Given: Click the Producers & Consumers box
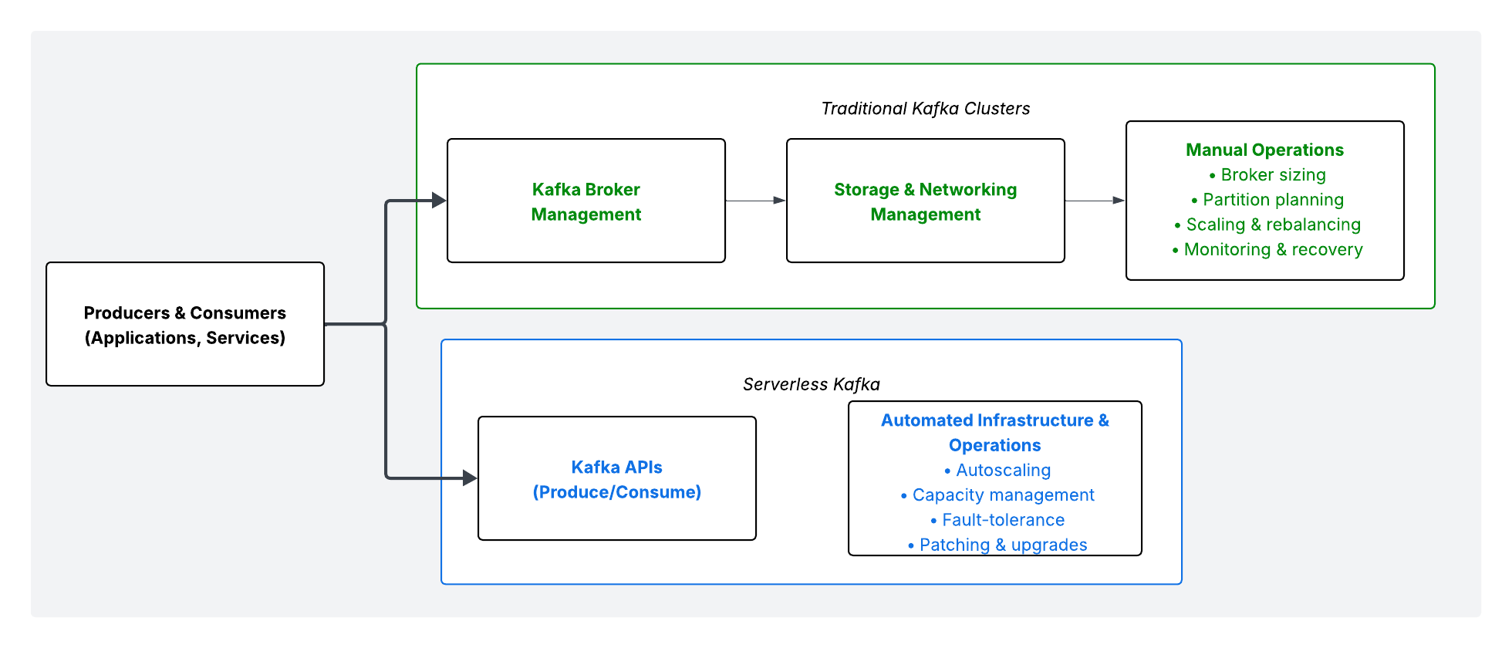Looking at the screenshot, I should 185,324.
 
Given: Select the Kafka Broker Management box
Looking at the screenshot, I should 586,201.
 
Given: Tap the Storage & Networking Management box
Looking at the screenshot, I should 925,201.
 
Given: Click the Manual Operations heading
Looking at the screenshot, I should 1264,150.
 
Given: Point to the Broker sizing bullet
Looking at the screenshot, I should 1267,175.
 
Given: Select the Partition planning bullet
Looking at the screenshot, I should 1267,200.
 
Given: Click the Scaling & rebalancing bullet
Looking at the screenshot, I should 1267,224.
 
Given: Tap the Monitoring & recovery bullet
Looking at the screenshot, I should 1267,249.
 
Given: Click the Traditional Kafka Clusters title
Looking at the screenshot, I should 925,109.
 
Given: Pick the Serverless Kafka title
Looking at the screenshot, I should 811,384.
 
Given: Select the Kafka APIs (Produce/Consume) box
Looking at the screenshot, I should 617,479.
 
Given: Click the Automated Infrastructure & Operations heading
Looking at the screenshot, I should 994,433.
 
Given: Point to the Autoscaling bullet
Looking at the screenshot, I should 997,470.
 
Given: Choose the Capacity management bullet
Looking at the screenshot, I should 997,495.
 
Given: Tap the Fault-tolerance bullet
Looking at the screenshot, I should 997,520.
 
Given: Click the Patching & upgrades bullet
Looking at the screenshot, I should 997,545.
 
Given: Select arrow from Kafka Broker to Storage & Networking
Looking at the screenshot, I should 755,201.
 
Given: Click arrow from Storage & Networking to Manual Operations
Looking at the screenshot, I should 1095,201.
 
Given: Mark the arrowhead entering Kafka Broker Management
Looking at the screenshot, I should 439,201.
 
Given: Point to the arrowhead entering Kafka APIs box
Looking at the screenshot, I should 470,478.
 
